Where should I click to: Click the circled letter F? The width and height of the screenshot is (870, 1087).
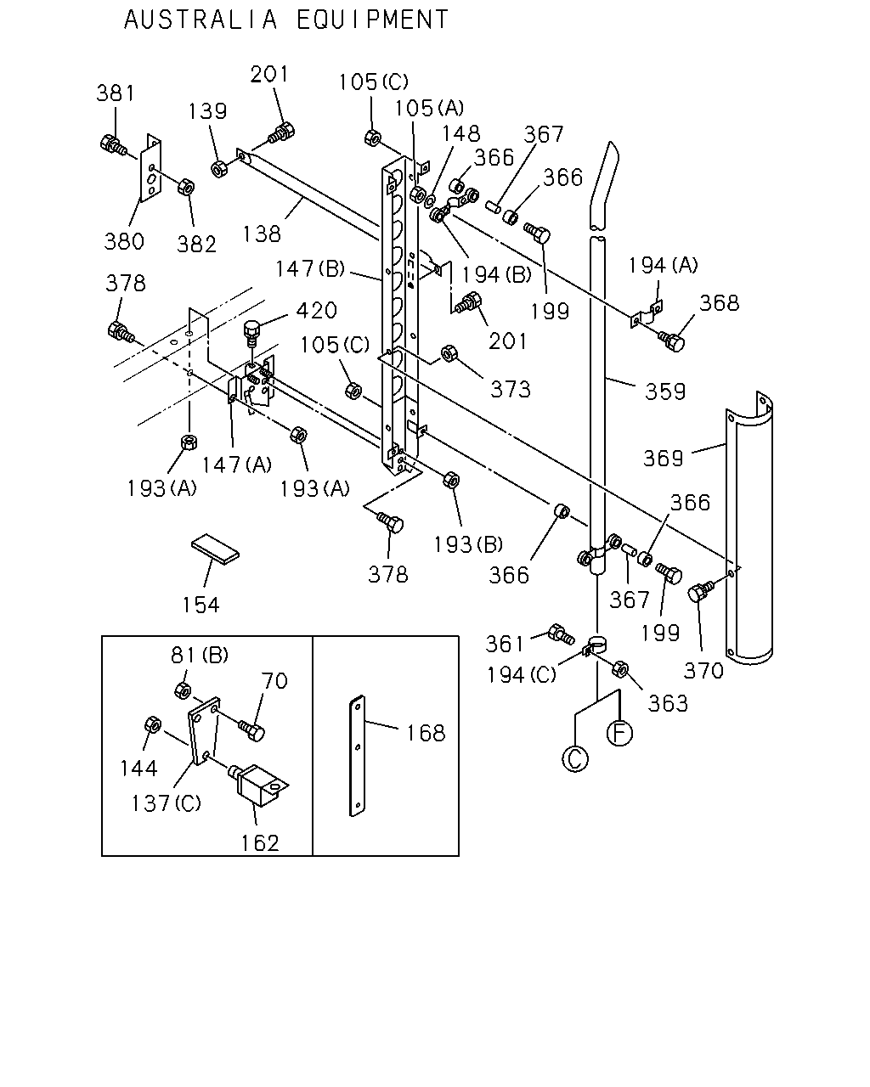619,733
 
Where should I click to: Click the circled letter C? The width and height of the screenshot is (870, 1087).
575,758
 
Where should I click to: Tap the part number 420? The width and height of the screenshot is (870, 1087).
316,310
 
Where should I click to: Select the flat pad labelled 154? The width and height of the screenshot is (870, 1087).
215,548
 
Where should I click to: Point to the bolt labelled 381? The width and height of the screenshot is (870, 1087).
113,145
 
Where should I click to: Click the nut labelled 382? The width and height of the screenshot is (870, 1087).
186,187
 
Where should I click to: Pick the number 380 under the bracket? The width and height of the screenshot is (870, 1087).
124,241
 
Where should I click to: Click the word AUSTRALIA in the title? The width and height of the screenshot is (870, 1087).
201,20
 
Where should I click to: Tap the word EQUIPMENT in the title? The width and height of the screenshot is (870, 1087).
373,20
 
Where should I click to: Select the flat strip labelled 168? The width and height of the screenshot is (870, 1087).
358,756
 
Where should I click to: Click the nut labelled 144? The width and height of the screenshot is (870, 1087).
153,725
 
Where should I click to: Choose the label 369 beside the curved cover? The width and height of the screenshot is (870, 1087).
664,458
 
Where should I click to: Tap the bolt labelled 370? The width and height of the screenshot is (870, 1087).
701,590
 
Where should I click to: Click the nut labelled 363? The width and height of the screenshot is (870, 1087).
619,670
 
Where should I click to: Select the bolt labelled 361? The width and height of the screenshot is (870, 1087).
561,634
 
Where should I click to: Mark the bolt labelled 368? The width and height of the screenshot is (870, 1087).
671,341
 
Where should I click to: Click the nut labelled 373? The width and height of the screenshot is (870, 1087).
449,353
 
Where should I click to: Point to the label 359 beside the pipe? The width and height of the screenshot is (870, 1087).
665,391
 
